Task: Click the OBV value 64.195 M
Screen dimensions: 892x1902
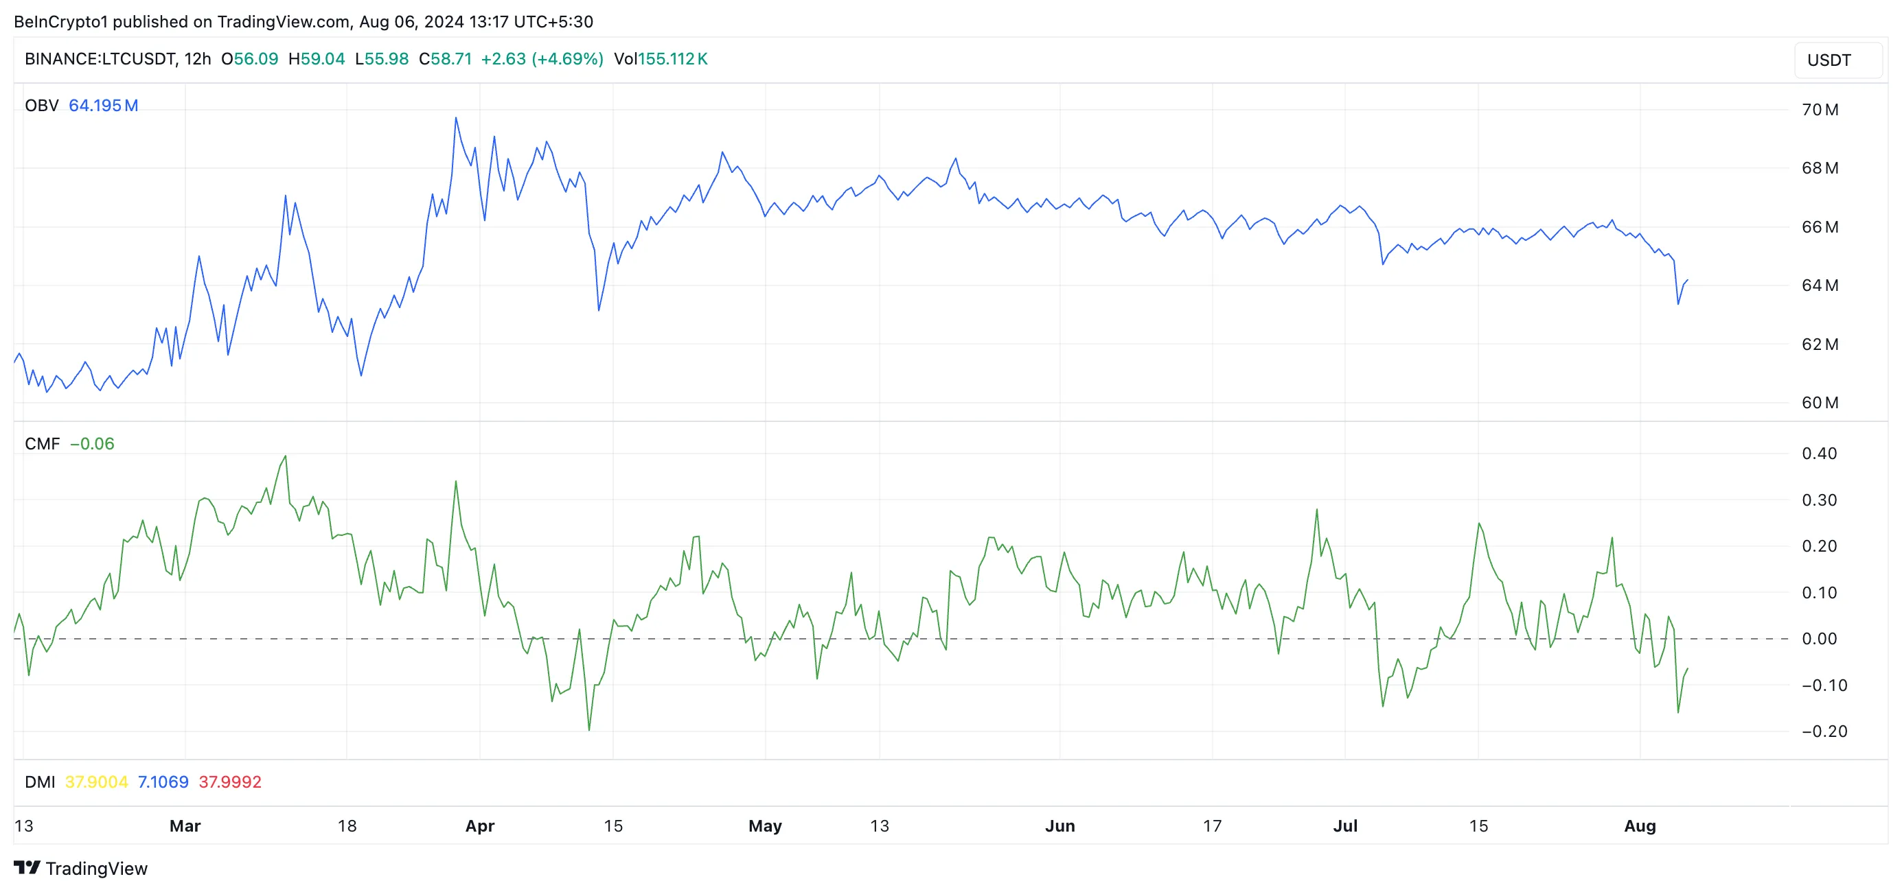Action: pos(104,106)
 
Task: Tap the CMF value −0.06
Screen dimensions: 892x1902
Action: pos(92,443)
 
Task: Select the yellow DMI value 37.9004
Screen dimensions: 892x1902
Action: pos(96,782)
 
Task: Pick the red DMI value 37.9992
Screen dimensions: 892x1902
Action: pos(229,782)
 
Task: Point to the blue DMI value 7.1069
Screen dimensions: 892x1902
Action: pos(163,782)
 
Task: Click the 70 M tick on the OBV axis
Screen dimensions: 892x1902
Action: pos(1820,110)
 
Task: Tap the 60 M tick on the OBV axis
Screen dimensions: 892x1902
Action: pos(1820,403)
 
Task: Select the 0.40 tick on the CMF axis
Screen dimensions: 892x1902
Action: pos(1818,453)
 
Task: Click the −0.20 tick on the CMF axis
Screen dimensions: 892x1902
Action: pos(1824,731)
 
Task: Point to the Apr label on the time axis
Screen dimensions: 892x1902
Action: pos(480,825)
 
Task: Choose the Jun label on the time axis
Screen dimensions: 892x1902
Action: pos(1059,825)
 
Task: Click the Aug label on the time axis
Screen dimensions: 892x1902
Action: pos(1640,825)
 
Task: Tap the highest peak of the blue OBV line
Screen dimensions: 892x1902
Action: pos(455,118)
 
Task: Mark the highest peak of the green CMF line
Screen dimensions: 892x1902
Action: pos(286,456)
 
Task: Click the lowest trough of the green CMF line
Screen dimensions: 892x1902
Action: pos(588,729)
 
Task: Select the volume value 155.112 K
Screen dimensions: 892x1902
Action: pos(673,59)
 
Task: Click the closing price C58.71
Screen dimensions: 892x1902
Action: pos(445,59)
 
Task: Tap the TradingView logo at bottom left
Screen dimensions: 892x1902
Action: pos(80,869)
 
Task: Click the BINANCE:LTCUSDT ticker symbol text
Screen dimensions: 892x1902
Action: pos(100,59)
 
